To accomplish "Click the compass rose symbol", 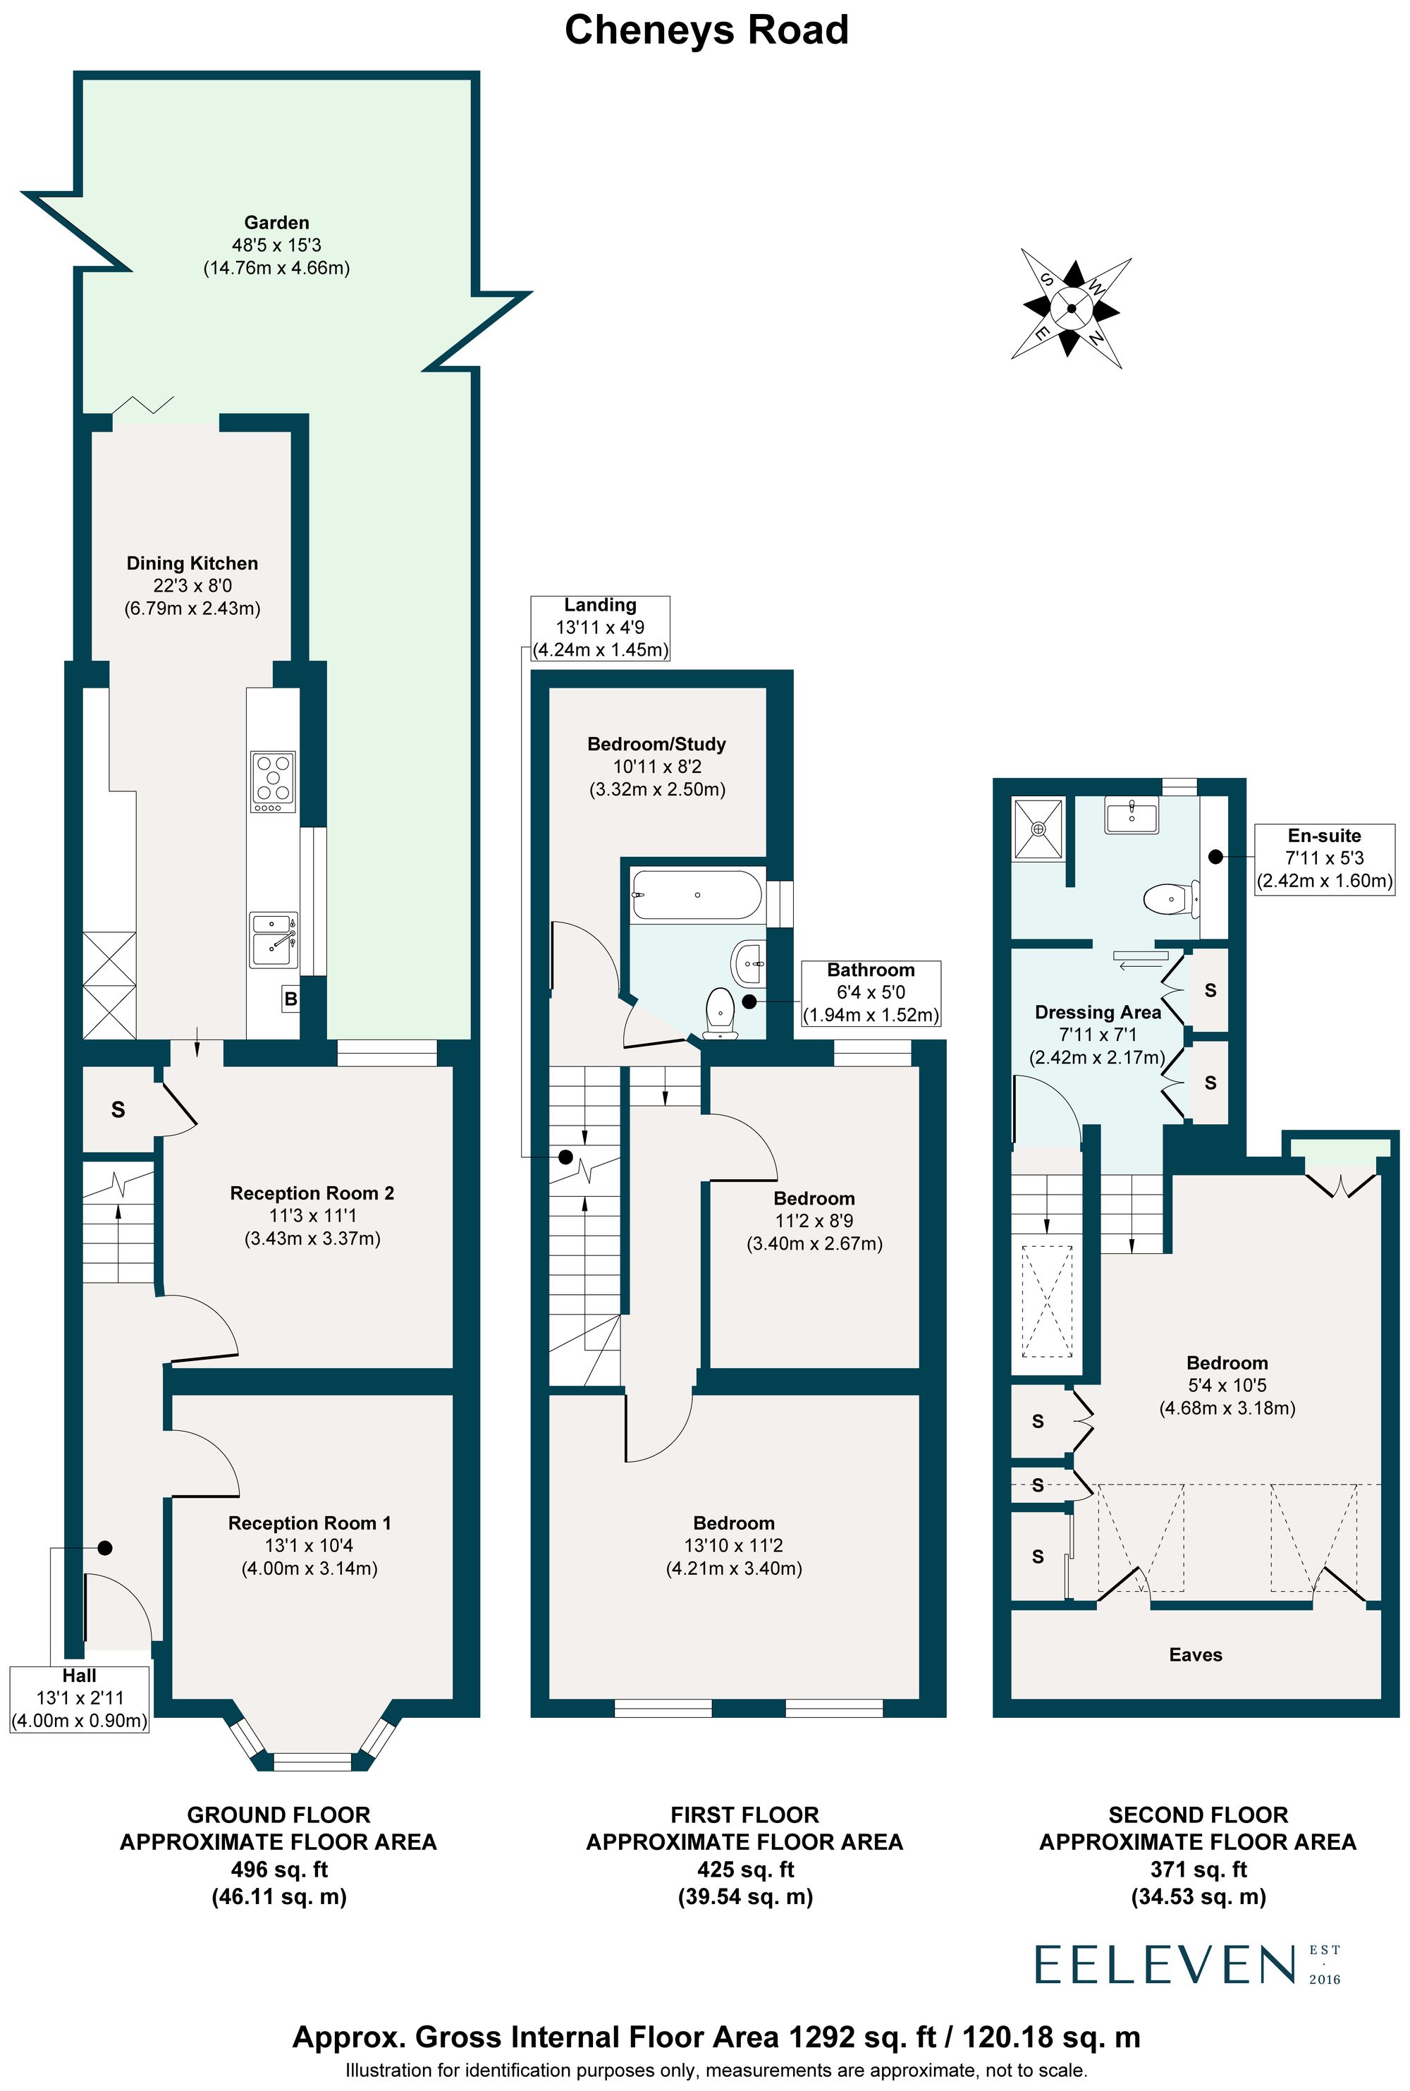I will [1071, 307].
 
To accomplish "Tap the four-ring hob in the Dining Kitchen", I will [272, 778].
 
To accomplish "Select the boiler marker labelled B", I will [290, 999].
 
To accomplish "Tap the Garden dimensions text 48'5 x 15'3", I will [276, 245].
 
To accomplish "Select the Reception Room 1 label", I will [309, 1523].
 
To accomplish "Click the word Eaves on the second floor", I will [1195, 1654].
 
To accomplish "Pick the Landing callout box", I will [600, 628].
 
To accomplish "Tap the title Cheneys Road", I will [706, 30].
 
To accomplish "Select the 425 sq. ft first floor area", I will [744, 1870].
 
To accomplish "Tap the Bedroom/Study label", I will [656, 744].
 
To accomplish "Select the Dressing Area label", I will [1097, 1012].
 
